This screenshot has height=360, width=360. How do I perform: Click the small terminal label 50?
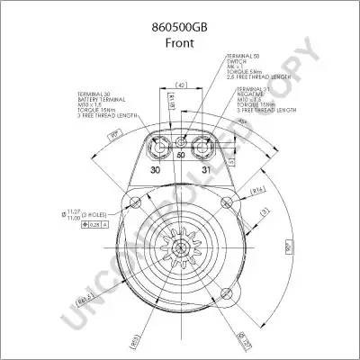pyautogui.click(x=180, y=156)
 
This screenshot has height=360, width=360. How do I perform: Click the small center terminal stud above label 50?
pyautogui.click(x=181, y=143)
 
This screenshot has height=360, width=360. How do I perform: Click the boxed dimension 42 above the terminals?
pyautogui.click(x=181, y=85)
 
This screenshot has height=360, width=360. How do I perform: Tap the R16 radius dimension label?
pyautogui.click(x=256, y=190)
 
